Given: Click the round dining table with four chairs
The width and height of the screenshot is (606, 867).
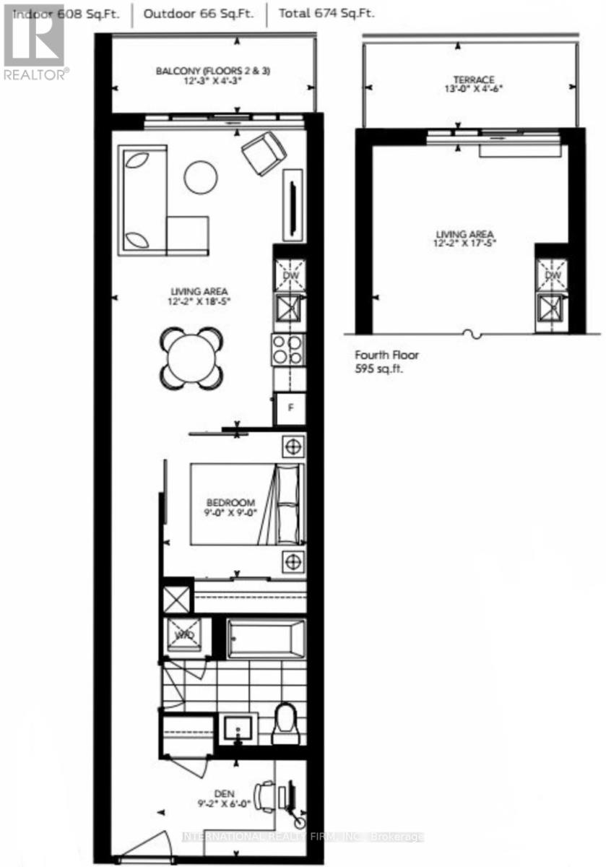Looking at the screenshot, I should (x=191, y=356).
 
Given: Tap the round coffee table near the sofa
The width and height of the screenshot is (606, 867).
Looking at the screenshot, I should (x=201, y=176).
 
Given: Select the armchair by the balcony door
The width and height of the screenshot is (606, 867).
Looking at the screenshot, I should (x=263, y=152).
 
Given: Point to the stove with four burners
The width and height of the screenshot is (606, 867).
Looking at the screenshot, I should (x=288, y=350).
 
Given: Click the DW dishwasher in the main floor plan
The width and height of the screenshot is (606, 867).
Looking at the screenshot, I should (x=289, y=275).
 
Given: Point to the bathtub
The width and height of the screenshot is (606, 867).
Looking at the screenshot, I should (x=266, y=637).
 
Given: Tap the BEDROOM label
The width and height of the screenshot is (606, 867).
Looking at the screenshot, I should (x=230, y=503).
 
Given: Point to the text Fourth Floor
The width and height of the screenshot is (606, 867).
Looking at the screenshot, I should (x=386, y=355).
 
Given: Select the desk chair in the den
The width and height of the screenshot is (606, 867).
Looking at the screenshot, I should (x=267, y=793).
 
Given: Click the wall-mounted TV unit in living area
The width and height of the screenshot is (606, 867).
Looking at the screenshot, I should (x=293, y=205).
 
